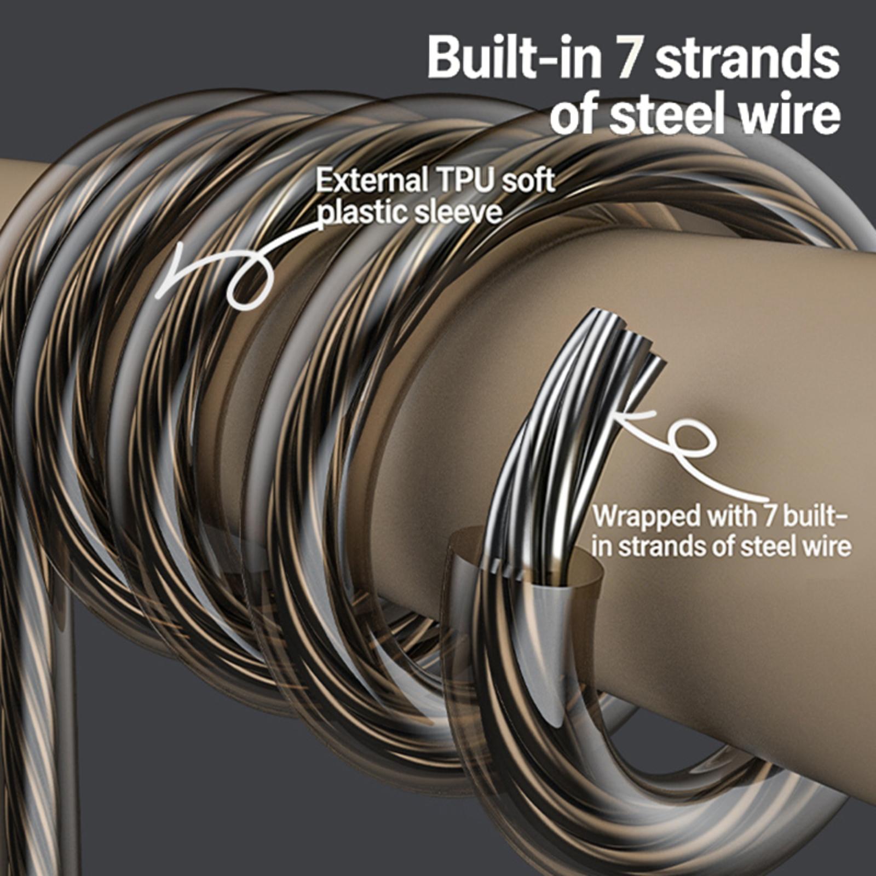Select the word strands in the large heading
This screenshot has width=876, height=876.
pyautogui.click(x=747, y=57)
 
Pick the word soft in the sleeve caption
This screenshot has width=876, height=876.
pyautogui.click(x=528, y=181)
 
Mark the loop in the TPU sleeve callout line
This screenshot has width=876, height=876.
pyautogui.click(x=249, y=282)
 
